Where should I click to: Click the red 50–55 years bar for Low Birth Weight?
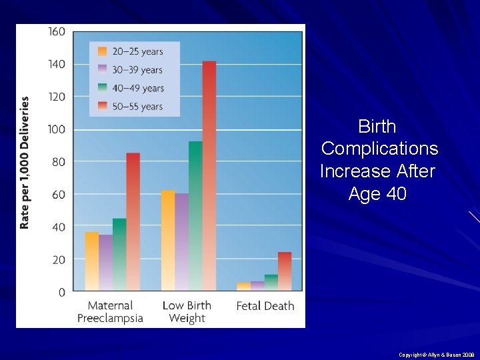209,176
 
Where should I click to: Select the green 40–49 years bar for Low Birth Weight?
195,216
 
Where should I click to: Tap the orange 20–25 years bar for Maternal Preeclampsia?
92,261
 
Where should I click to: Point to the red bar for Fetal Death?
285,271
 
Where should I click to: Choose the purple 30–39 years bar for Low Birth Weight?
181,242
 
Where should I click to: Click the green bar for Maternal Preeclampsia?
119,255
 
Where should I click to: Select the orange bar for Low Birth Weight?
168,241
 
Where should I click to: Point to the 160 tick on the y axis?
57,31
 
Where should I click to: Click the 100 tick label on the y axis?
57,129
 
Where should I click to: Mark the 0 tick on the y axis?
61,292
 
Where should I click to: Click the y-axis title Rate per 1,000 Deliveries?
25,163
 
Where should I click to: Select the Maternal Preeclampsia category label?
110,312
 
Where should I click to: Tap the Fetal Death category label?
265,306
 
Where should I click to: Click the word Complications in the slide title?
379,149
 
